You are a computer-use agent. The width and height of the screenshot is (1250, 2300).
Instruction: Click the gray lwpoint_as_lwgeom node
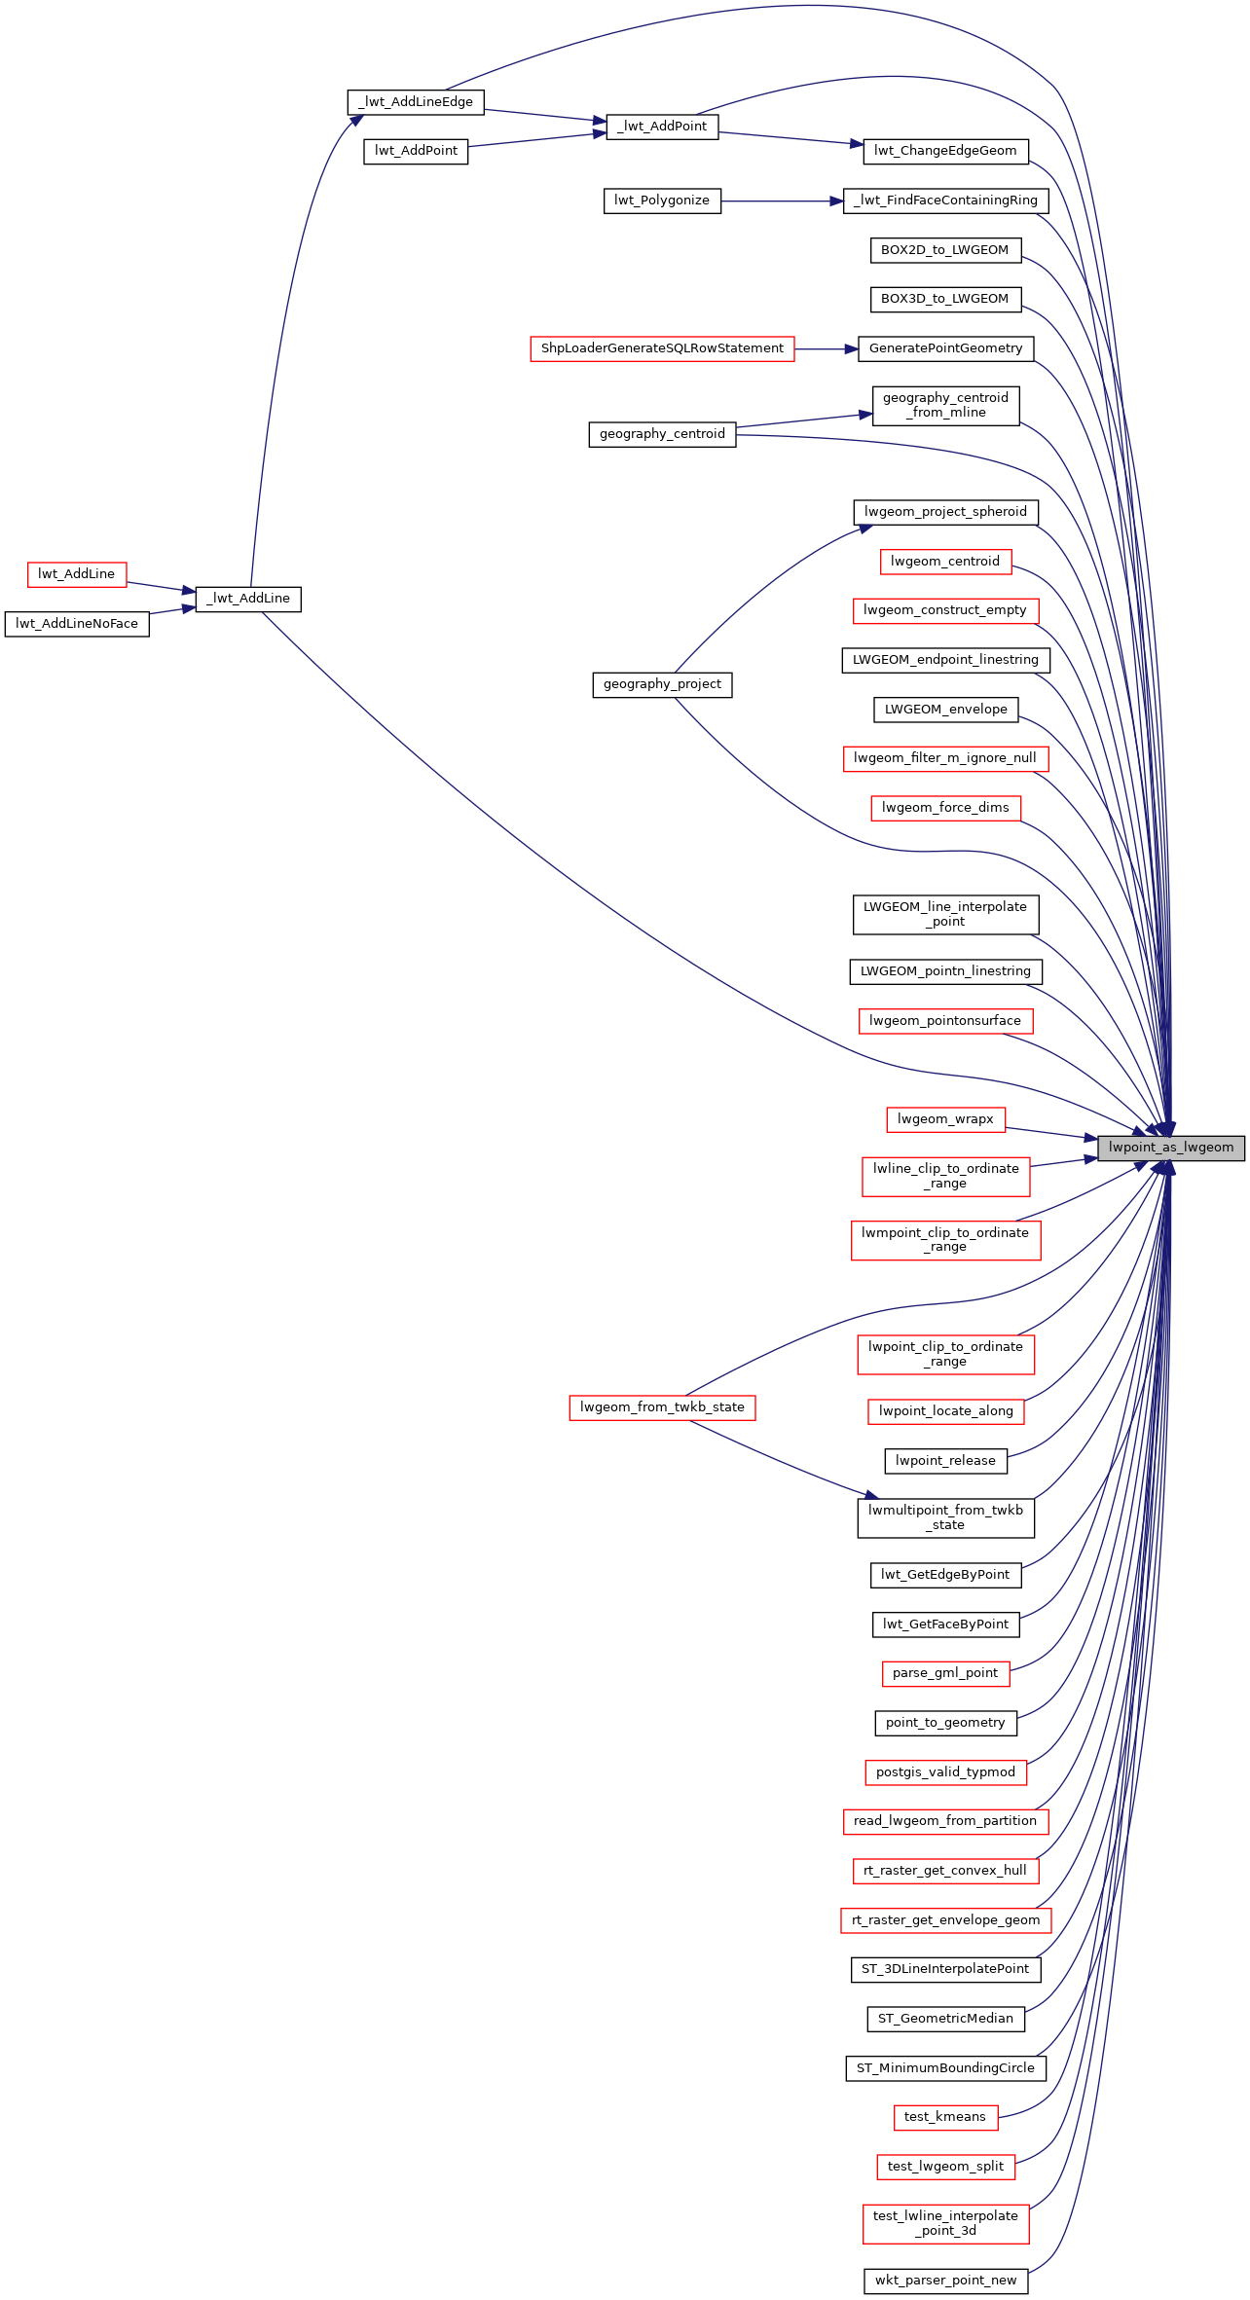(x=1171, y=1148)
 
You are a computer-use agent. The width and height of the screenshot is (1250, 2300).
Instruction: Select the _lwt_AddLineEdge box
(x=416, y=102)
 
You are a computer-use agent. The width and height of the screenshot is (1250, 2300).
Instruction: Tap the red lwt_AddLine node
(x=77, y=574)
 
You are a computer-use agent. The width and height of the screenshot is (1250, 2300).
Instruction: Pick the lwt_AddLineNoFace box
(x=77, y=624)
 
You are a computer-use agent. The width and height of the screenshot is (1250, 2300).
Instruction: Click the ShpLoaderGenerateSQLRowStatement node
(x=662, y=348)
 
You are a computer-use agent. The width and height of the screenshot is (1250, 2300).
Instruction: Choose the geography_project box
(x=662, y=684)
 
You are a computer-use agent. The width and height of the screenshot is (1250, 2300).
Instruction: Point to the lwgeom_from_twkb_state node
(x=662, y=1407)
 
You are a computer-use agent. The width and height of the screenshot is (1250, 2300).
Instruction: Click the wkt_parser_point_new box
(x=945, y=2281)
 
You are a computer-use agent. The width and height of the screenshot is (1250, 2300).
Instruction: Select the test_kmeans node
(x=945, y=2117)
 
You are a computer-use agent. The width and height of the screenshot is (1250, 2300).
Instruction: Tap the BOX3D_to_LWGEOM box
(x=945, y=299)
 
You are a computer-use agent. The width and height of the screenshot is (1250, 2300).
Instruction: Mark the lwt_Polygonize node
(x=662, y=201)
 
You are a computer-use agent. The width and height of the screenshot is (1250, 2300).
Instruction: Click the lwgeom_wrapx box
(x=945, y=1119)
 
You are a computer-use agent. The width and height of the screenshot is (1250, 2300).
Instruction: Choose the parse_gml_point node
(x=945, y=1673)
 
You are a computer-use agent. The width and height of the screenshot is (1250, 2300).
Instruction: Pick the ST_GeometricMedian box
(x=945, y=2019)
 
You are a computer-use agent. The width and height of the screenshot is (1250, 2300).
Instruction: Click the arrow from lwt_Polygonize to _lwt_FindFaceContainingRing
(x=783, y=201)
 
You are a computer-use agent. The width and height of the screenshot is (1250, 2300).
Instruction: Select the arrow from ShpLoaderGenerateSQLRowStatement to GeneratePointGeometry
(x=827, y=348)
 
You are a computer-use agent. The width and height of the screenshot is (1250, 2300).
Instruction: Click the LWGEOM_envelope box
(x=945, y=710)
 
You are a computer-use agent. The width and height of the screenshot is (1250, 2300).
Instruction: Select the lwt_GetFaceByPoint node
(x=945, y=1625)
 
